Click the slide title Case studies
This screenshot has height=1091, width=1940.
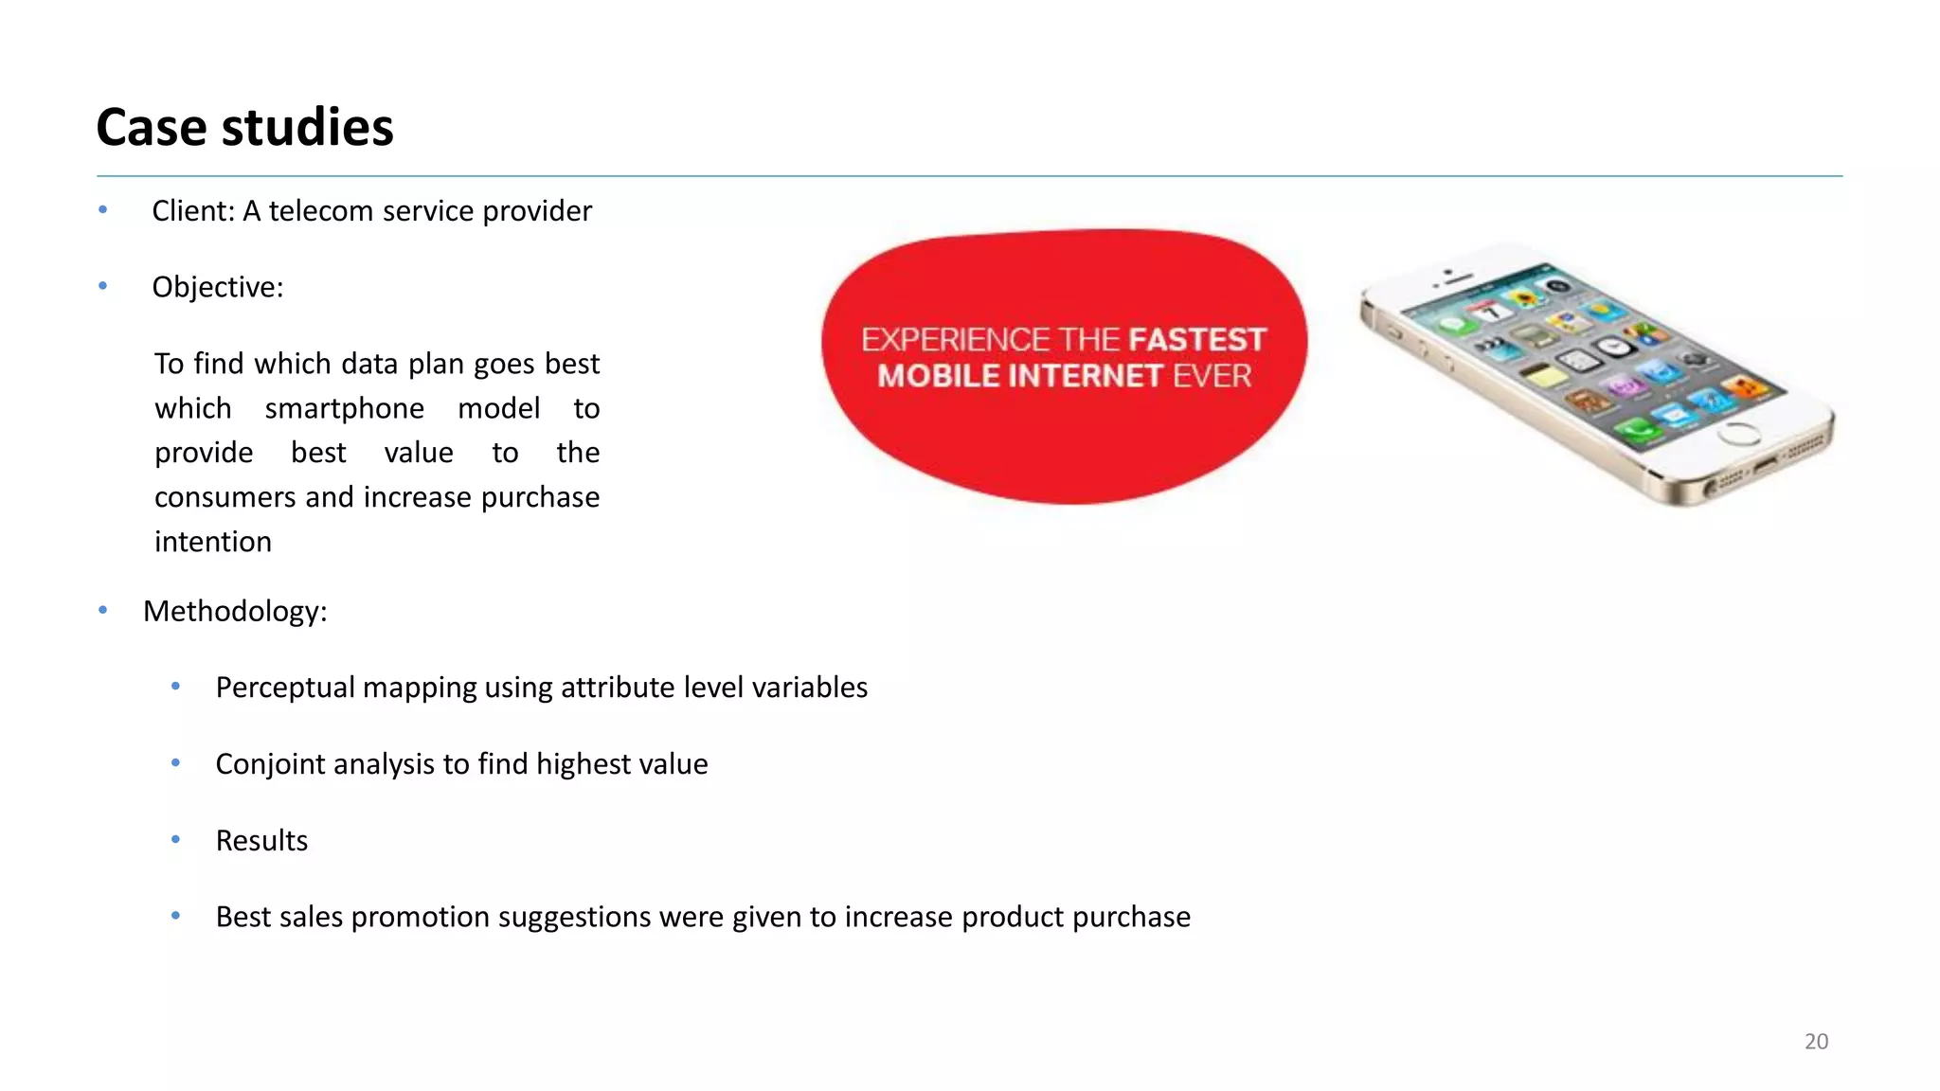[244, 128]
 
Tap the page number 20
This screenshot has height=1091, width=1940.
[1816, 1042]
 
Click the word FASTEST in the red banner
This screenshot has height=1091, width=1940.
[1196, 340]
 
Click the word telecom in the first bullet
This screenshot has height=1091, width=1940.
[321, 211]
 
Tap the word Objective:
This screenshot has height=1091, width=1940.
[218, 288]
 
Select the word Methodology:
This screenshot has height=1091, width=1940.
[235, 612]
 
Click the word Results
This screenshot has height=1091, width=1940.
[261, 841]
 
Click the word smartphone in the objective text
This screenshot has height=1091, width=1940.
[344, 409]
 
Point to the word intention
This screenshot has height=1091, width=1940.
[213, 543]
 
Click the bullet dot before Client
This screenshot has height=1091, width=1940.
[102, 210]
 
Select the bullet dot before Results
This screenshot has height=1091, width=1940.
[175, 840]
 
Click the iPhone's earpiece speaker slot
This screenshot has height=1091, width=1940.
[1458, 280]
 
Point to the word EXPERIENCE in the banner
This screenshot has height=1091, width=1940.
[955, 340]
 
